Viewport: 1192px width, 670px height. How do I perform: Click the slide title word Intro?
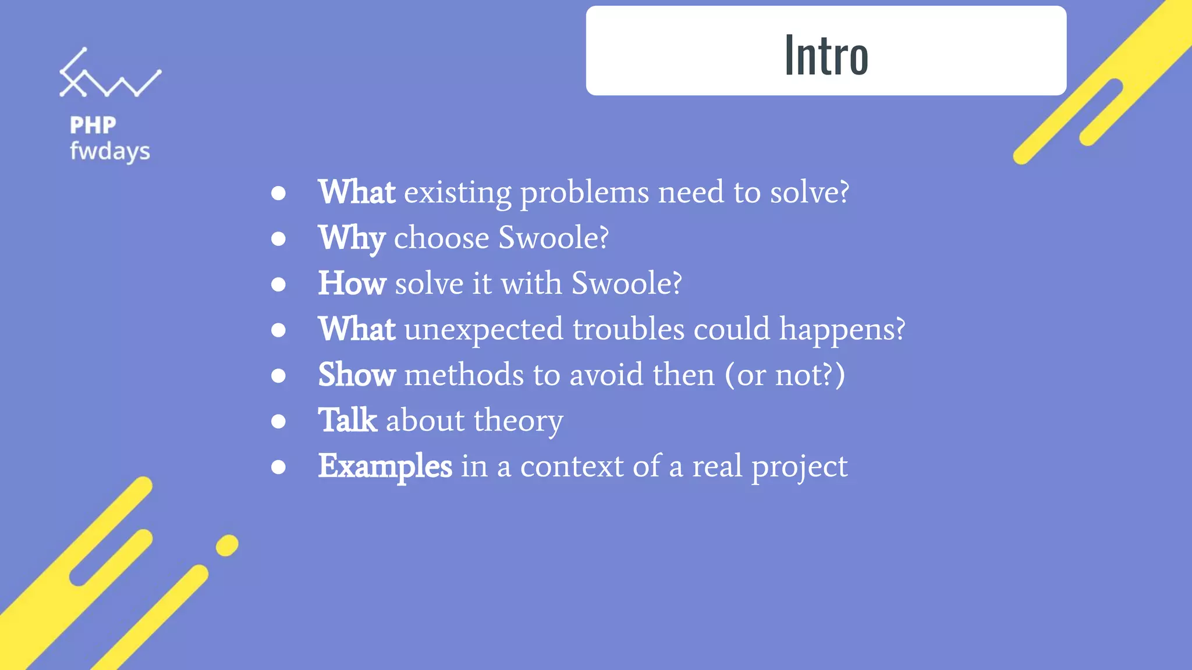coord(826,55)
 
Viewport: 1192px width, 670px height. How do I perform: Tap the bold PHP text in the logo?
coord(93,125)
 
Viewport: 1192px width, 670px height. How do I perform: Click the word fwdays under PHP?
coord(109,152)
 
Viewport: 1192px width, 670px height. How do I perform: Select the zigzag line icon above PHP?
coord(109,74)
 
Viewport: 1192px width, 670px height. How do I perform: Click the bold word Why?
coord(352,238)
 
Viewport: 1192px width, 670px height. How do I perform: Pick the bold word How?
coord(352,283)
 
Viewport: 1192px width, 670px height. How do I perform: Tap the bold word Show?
coord(357,375)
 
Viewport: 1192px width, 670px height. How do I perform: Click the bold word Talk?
coord(347,420)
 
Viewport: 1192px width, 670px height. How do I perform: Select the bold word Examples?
coord(385,466)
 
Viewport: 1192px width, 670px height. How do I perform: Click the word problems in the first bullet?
coord(584,193)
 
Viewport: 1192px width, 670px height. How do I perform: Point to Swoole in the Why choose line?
coord(553,238)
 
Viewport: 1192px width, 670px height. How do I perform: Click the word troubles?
coord(628,329)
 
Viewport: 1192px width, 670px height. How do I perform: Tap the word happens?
coord(842,329)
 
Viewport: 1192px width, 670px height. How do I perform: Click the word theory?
coord(518,420)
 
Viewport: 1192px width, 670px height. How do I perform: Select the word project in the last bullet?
coord(799,466)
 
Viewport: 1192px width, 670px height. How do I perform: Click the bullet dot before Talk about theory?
coord(279,421)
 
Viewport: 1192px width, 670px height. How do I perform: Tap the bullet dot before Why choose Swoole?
coord(279,239)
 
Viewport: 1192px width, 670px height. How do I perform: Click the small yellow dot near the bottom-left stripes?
coord(227,546)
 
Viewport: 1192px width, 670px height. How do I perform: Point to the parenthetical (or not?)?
coord(785,375)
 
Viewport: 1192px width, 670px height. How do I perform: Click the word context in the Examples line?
coord(572,466)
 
